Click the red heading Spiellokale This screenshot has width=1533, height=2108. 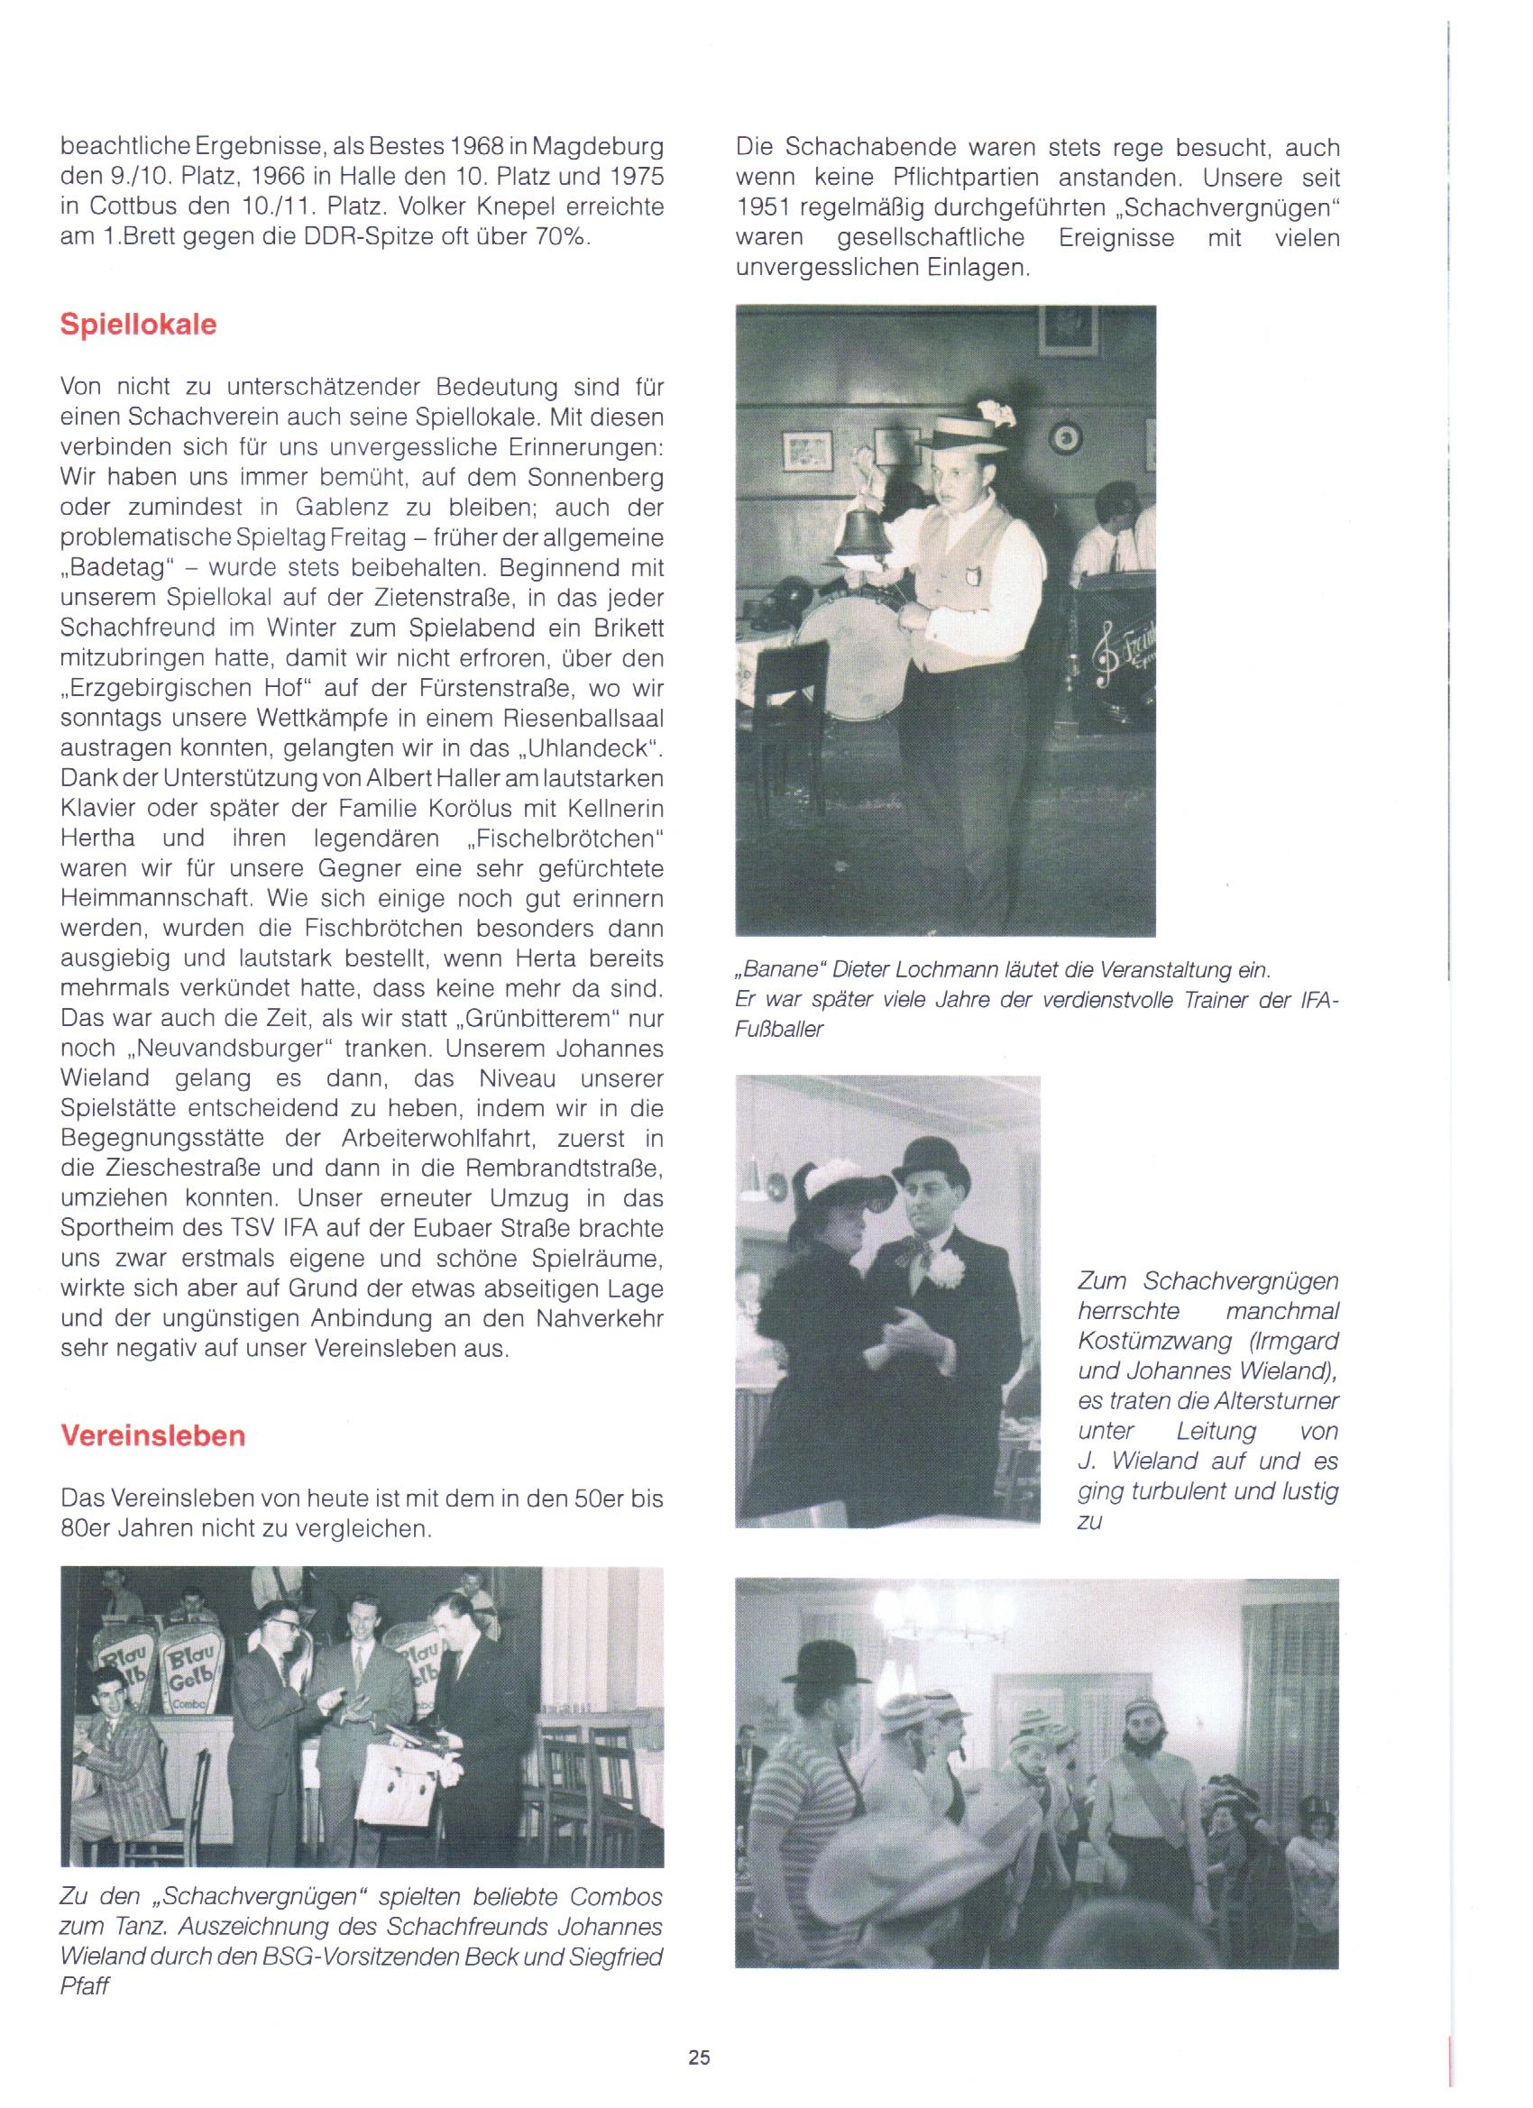click(139, 325)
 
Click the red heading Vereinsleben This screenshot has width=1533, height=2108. click(152, 1436)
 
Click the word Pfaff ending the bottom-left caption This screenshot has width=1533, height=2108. click(84, 1988)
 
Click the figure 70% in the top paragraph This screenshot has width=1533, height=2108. click(561, 237)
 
